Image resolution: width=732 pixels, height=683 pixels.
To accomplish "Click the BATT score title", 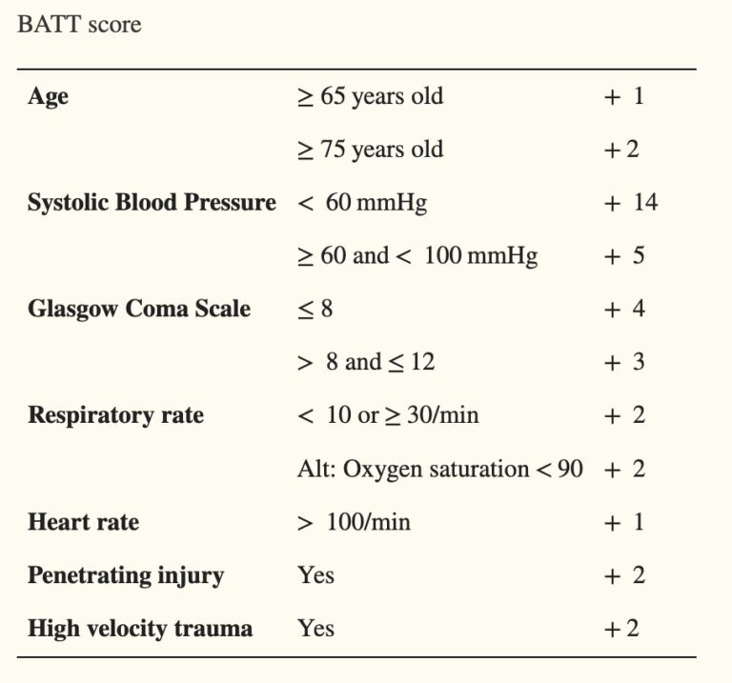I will [79, 25].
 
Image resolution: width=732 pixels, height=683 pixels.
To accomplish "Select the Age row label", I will [48, 97].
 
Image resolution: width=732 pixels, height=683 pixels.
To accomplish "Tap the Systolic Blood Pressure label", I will [152, 203].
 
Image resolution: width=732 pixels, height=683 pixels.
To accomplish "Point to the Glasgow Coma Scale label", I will [139, 309].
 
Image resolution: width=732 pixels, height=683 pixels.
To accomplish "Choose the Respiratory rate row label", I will [115, 415].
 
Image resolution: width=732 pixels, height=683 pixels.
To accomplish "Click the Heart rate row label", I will [83, 522].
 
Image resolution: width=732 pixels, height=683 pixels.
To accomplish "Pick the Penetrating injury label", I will [126, 575].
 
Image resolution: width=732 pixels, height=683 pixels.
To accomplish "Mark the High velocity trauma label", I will [140, 629].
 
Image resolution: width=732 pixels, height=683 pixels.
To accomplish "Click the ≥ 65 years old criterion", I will [370, 97].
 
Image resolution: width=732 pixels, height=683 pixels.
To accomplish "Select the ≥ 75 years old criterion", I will [370, 150].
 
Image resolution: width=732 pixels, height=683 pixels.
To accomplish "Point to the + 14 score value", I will [630, 203].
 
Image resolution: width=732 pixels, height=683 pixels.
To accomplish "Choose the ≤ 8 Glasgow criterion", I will [315, 309].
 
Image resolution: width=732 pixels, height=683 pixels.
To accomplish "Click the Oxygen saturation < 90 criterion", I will [439, 469].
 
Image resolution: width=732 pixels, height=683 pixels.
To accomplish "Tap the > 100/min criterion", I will [354, 522].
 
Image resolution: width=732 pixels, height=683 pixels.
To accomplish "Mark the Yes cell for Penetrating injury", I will [315, 575].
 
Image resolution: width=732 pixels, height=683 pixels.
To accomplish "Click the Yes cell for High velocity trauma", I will [315, 629].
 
